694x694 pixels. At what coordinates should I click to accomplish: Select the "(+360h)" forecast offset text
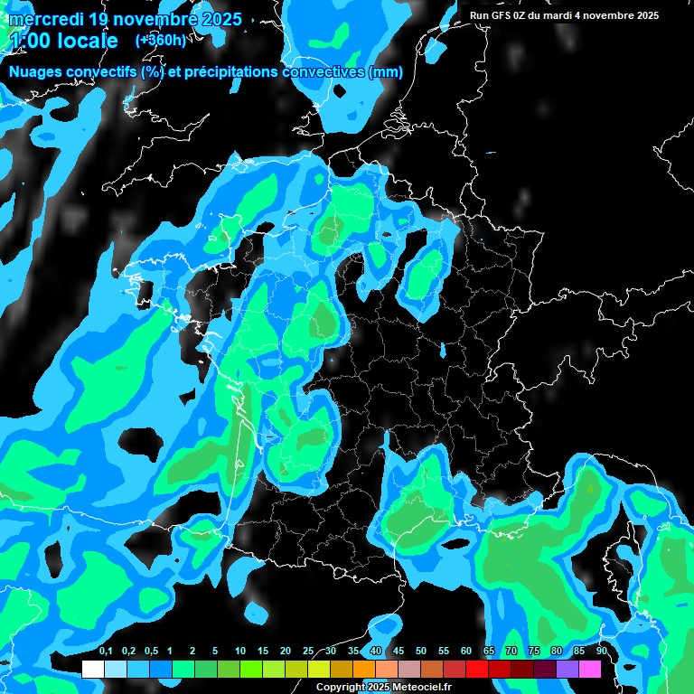pos(160,40)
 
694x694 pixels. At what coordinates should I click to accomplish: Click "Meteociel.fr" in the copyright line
pos(419,688)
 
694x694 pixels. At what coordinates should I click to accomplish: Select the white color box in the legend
pos(92,669)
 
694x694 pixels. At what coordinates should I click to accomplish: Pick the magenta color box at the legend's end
pos(590,669)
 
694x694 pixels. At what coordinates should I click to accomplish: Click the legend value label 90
pos(602,652)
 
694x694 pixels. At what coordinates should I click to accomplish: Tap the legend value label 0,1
pos(106,652)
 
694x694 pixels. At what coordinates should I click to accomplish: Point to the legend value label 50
pos(421,652)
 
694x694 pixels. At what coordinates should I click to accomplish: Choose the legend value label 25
pos(308,652)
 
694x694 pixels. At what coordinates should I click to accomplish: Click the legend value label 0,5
pos(151,652)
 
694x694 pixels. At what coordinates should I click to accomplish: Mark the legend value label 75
pos(534,652)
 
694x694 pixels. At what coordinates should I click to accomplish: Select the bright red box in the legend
pos(477,669)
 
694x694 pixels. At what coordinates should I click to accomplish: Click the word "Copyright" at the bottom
pos(338,688)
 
